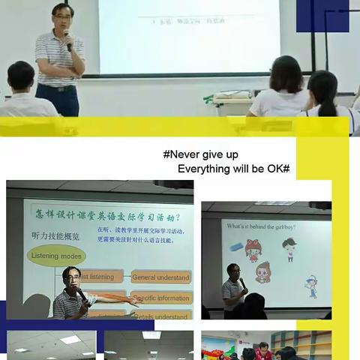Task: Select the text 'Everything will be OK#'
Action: pos(233,169)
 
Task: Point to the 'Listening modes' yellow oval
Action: pos(57,256)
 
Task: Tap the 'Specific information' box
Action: pos(162,298)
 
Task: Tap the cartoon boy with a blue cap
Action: pos(310,286)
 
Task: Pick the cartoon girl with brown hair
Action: pos(263,271)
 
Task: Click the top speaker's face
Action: pos(62,16)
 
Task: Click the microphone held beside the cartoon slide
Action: pos(241,283)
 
